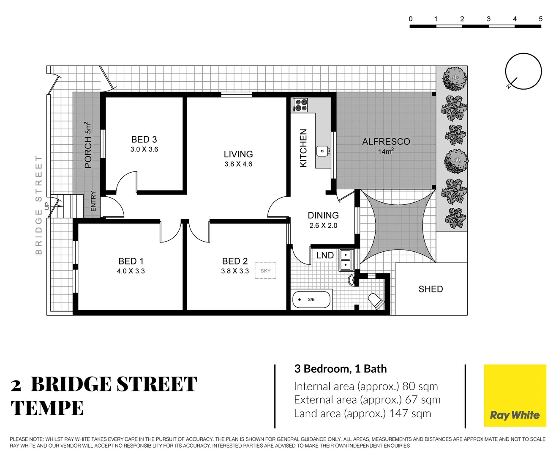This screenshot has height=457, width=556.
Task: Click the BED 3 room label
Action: click(144, 139)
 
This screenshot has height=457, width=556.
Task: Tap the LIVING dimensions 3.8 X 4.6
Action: click(238, 164)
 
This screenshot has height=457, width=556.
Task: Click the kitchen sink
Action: click(323, 151)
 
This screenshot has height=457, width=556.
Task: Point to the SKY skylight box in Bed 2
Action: click(265, 271)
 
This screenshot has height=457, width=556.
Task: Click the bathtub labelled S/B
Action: click(311, 300)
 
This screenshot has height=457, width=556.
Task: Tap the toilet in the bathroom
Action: click(376, 301)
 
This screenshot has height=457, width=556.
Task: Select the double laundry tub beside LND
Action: click(346, 260)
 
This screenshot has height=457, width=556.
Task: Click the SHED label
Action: click(431, 289)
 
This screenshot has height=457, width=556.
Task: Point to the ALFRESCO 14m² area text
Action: click(386, 146)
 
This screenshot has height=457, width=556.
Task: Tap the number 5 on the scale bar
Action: click(540, 19)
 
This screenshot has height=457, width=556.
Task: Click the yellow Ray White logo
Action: click(515, 396)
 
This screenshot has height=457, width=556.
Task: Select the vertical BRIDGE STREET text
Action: click(39, 205)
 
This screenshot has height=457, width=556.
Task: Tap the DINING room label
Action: click(323, 215)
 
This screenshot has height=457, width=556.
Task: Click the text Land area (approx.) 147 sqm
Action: click(362, 413)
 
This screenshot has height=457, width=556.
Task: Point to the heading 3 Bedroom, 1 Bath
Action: click(341, 369)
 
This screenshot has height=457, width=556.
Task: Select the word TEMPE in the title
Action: click(47, 408)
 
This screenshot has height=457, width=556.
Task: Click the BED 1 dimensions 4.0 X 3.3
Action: click(131, 271)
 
